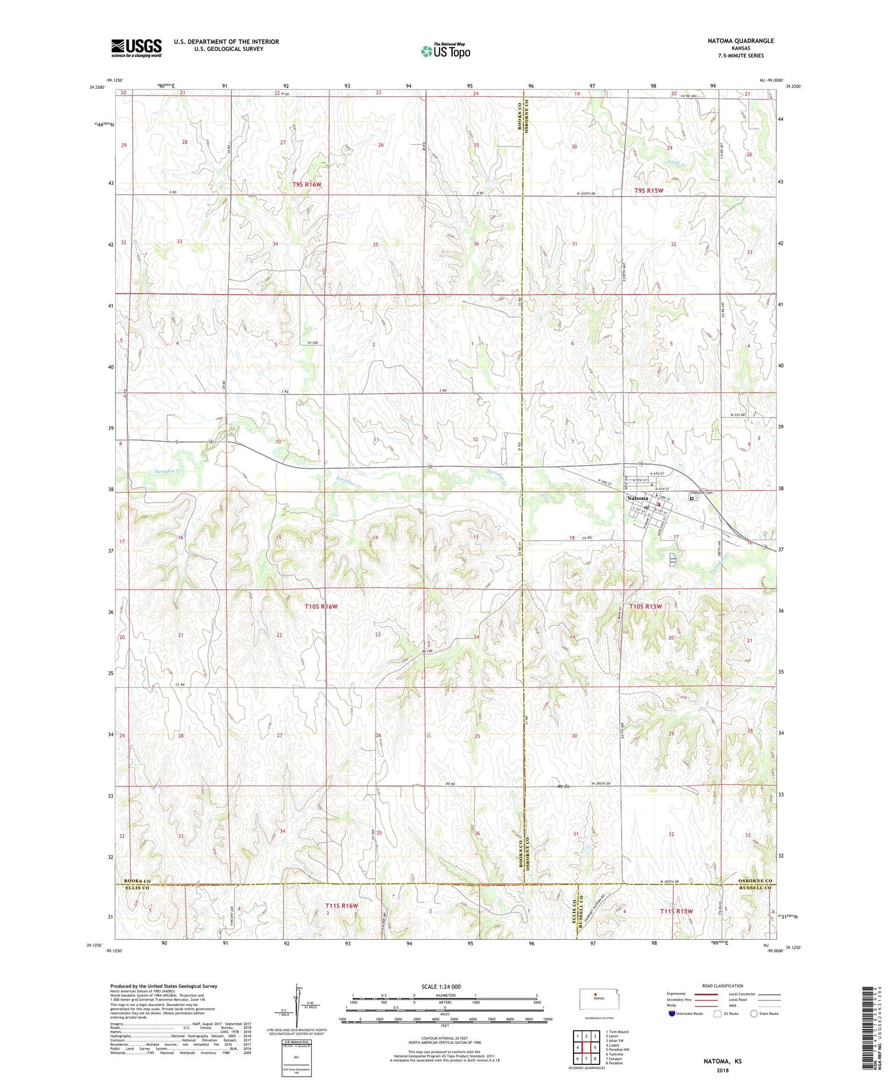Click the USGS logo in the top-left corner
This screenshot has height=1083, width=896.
click(x=136, y=47)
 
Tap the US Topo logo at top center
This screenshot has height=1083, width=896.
click(x=445, y=51)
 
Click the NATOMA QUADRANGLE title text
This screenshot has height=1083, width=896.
click(x=740, y=41)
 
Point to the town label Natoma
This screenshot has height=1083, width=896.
click(x=637, y=498)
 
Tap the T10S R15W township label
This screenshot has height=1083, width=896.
click(x=645, y=606)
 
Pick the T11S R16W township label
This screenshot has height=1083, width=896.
click(x=342, y=906)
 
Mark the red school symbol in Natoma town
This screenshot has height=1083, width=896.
click(x=659, y=505)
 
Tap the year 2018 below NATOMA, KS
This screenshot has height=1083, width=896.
click(x=722, y=1069)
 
